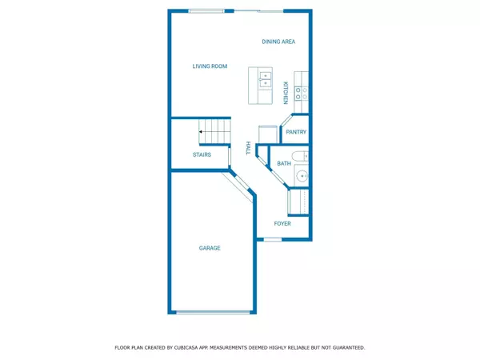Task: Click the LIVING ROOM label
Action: tap(210, 66)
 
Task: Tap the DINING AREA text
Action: tap(278, 42)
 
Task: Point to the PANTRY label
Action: tap(296, 132)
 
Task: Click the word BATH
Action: tap(284, 164)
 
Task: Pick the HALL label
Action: tap(249, 148)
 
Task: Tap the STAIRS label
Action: tap(202, 154)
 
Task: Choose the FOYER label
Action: tap(282, 224)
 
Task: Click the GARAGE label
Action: tap(210, 248)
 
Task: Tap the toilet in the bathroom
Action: tap(299, 155)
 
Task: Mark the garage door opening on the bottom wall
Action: tap(211, 312)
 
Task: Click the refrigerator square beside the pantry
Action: tap(266, 134)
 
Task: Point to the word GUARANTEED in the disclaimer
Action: tap(348, 348)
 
